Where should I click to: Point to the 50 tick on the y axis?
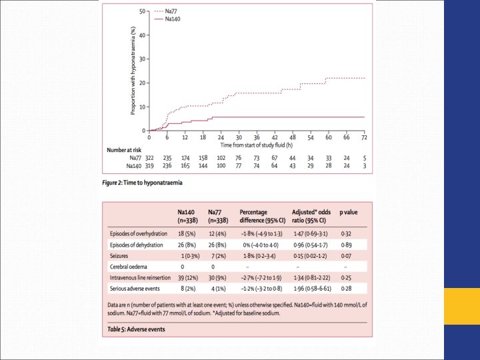coord(142,12)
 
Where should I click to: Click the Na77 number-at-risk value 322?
coord(149,159)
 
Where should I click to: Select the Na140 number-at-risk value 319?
coord(149,166)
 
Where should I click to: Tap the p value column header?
coord(349,212)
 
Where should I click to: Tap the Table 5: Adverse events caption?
coord(138,329)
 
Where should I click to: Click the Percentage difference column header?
coord(260,216)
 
